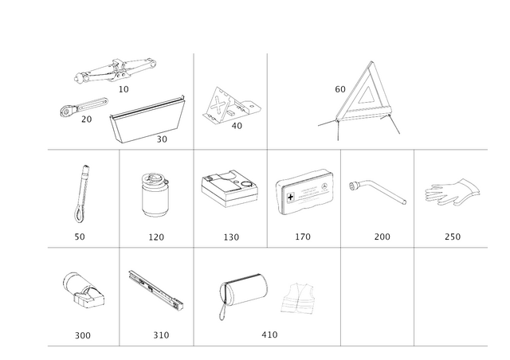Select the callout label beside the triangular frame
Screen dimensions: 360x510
339,87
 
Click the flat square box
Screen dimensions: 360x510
229,187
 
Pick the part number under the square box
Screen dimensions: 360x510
231,237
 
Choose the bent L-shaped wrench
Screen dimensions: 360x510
379,190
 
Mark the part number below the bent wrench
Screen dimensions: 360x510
382,237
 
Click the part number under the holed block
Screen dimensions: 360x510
83,335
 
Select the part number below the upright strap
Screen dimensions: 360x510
80,237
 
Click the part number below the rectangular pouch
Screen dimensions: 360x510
303,237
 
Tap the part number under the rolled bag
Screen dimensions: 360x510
270,335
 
